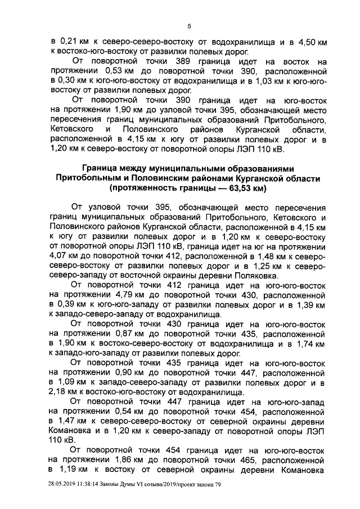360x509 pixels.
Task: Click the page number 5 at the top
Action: coord(190,25)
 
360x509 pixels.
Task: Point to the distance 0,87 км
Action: coord(129,333)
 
